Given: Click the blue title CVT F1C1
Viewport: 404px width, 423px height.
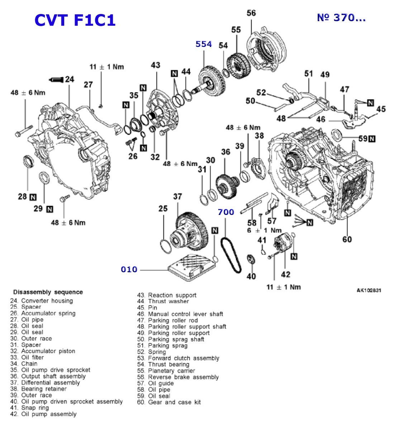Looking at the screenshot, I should (x=75, y=20).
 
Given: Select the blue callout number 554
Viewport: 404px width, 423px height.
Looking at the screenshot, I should (x=204, y=44).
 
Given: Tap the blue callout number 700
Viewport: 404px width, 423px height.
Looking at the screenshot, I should (x=226, y=212).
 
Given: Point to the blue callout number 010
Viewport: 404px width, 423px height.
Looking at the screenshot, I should (x=129, y=269).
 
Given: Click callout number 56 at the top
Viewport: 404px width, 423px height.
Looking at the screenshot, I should (x=251, y=13).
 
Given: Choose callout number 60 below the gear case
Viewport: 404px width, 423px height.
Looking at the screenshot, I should (x=347, y=239).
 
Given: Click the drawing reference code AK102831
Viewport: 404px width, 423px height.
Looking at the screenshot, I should (x=369, y=290).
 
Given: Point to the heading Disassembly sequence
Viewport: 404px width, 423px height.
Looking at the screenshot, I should (x=48, y=292).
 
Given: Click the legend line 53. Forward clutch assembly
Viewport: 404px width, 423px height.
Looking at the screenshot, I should (x=178, y=358).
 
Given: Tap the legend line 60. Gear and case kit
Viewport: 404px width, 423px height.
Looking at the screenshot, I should (x=169, y=402).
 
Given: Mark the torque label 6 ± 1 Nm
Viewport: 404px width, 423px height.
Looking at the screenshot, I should (x=264, y=230).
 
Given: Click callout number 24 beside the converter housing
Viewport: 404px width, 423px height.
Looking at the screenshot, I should (x=70, y=79).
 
